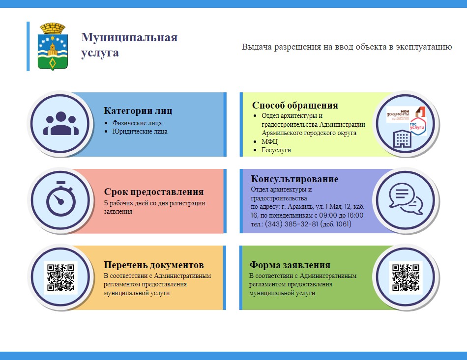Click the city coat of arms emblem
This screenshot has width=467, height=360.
(x=53, y=47)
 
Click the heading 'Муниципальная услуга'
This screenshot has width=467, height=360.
(x=129, y=45)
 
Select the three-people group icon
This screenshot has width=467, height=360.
(x=61, y=123)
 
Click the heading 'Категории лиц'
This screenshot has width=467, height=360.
(x=138, y=111)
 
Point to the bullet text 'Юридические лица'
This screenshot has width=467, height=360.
(x=140, y=132)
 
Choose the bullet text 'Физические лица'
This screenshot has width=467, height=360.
(x=137, y=123)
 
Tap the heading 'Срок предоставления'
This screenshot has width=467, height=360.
(x=154, y=192)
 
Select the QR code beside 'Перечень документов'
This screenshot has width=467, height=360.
(x=61, y=277)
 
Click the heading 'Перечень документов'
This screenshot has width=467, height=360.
(x=154, y=265)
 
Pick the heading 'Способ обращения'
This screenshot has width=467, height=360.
(x=295, y=105)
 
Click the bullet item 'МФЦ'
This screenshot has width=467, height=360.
(x=269, y=141)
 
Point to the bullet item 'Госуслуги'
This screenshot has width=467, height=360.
(x=276, y=150)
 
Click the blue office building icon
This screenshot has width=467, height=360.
(x=402, y=138)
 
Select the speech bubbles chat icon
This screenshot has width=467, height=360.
(x=406, y=199)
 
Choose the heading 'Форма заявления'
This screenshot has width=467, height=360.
(x=290, y=265)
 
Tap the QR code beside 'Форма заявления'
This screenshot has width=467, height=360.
(x=406, y=277)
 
